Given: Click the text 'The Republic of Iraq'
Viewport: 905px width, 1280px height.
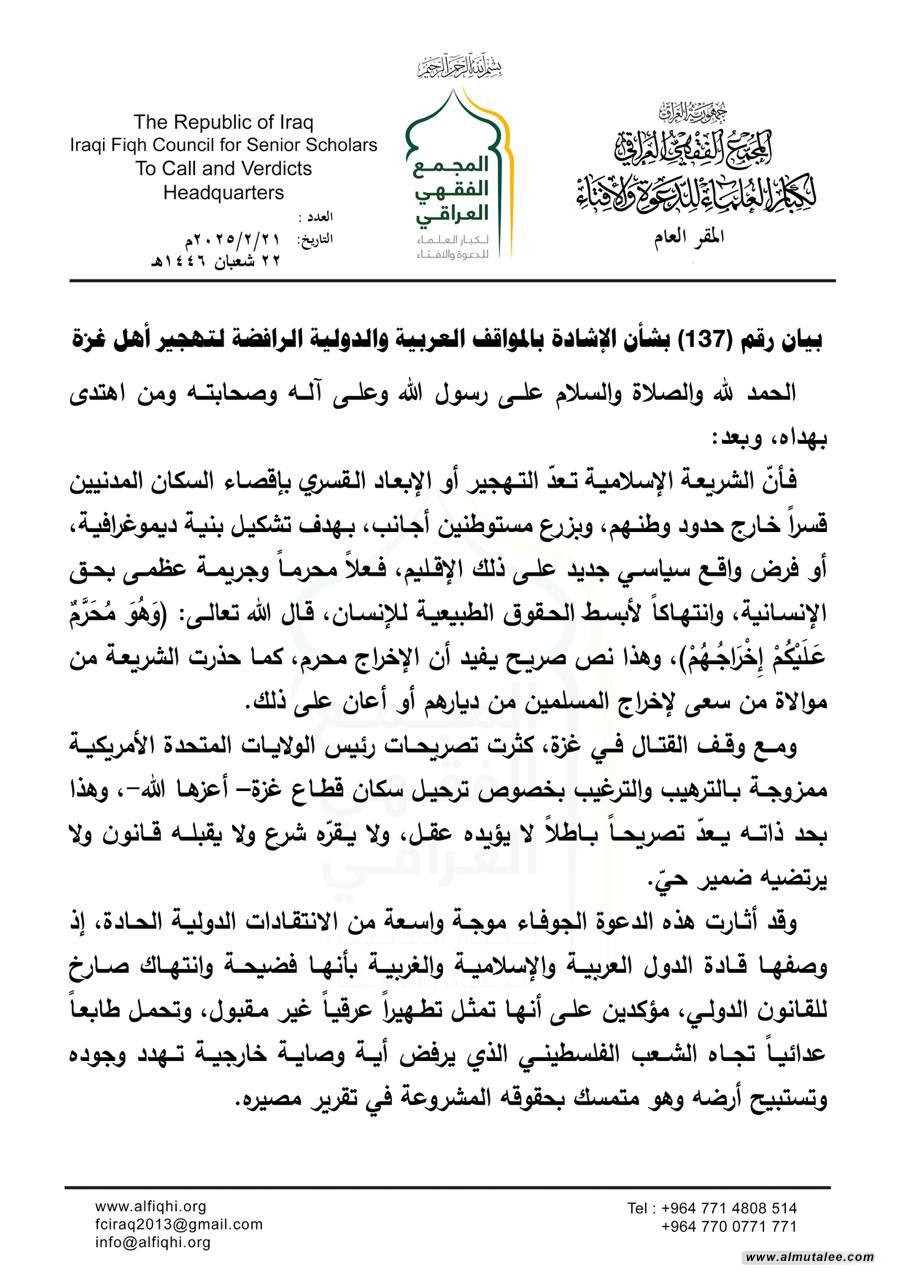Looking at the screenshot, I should click(x=224, y=123).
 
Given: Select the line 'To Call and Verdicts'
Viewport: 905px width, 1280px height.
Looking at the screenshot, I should click(x=224, y=169).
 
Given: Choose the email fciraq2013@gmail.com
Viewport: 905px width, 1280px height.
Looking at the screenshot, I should click(x=180, y=1224).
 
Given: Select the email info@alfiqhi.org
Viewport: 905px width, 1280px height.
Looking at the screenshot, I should click(x=153, y=1242).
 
